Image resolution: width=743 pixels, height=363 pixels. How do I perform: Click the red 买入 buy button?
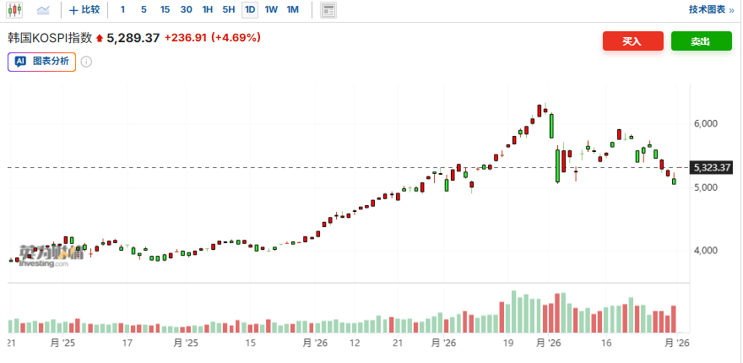pyautogui.click(x=632, y=41)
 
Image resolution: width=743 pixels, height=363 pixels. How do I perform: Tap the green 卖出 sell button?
pyautogui.click(x=701, y=41)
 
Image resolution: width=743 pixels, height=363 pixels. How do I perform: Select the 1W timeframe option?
pyautogui.click(x=271, y=10)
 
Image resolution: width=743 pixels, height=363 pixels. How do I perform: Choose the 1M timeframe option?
pyautogui.click(x=293, y=10)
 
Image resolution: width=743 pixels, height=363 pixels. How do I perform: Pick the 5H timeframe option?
pyautogui.click(x=229, y=10)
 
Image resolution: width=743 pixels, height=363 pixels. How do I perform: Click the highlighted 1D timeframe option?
pyautogui.click(x=250, y=10)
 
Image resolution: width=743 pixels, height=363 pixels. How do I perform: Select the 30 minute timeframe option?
pyautogui.click(x=187, y=10)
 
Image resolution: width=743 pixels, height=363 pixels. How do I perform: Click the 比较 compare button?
pyautogui.click(x=84, y=10)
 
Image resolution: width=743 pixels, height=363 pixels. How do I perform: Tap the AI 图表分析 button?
pyautogui.click(x=41, y=61)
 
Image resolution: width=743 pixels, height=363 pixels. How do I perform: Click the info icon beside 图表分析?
pyautogui.click(x=86, y=62)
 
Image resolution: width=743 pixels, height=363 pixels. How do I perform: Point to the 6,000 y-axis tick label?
pyautogui.click(x=705, y=123)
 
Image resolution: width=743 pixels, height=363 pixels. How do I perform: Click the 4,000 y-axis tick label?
pyautogui.click(x=705, y=250)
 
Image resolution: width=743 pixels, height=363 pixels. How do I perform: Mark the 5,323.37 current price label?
pyautogui.click(x=712, y=167)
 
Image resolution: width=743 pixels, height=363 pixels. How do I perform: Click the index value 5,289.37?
pyautogui.click(x=133, y=38)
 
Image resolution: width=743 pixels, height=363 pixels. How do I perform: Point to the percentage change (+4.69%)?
pyautogui.click(x=236, y=38)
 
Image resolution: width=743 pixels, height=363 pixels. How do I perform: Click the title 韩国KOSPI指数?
pyautogui.click(x=50, y=38)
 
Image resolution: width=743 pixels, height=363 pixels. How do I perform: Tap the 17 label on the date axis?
pyautogui.click(x=127, y=344)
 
